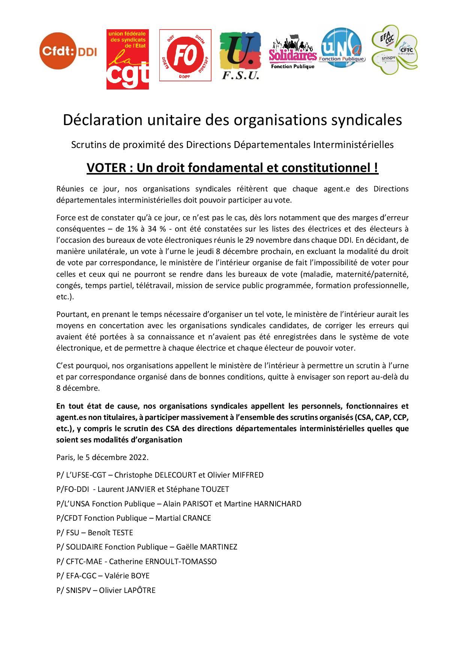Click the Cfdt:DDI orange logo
click(x=68, y=51)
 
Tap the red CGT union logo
click(x=127, y=60)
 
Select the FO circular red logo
click(x=185, y=55)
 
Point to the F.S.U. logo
click(x=240, y=56)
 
